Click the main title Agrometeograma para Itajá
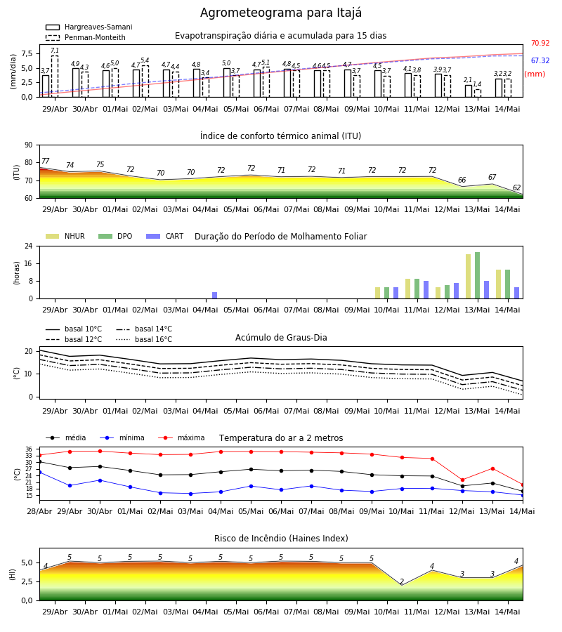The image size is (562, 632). tap(280, 13)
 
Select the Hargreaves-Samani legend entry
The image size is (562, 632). tap(89, 27)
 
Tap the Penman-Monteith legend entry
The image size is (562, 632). tap(86, 37)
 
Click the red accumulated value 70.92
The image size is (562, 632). tap(540, 43)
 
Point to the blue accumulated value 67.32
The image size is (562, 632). tap(540, 60)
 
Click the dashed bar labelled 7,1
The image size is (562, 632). tap(54, 76)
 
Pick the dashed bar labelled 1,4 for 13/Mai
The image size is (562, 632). tap(478, 93)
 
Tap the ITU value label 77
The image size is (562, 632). tap(45, 162)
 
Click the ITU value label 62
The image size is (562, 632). tap(516, 187)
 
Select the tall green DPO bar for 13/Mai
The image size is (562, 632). tap(477, 275)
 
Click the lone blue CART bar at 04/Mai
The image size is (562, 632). tap(214, 296)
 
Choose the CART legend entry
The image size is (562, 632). tap(165, 236)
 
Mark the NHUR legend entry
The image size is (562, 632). tap(65, 236)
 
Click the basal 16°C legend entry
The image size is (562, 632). tap(144, 339)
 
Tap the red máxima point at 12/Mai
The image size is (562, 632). tap(462, 480)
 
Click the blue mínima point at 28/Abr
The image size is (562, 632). tap(39, 472)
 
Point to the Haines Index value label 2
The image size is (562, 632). tap(402, 581)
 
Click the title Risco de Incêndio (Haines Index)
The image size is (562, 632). tap(281, 539)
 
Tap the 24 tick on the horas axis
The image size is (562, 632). tap(29, 246)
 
